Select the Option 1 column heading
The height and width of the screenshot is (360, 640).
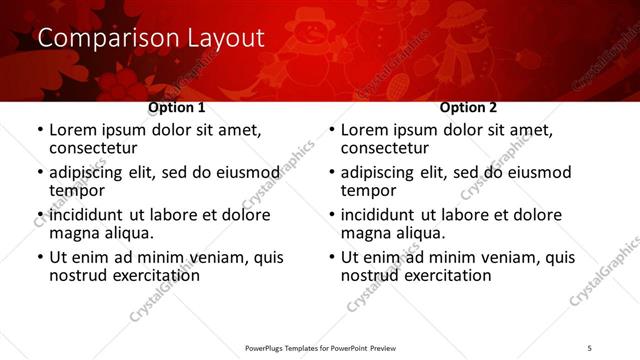(177, 107)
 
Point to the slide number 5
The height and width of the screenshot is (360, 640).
(589, 347)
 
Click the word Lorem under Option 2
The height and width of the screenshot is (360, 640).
(366, 130)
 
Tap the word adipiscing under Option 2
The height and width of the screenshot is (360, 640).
(384, 172)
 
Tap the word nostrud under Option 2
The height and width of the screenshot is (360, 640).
(375, 275)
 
